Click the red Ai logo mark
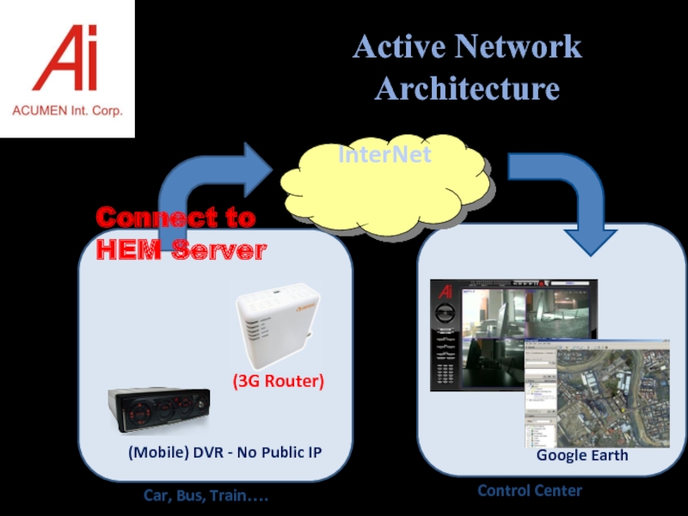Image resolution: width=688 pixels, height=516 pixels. pyautogui.click(x=65, y=58)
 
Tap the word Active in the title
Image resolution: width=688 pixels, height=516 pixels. pyautogui.click(x=399, y=46)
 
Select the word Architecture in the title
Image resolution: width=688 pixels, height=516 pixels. pyautogui.click(x=467, y=89)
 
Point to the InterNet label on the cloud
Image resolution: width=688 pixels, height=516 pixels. pyautogui.click(x=384, y=156)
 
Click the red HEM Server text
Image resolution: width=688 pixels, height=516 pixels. pyautogui.click(x=181, y=250)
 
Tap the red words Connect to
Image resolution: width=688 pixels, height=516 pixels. pyautogui.click(x=175, y=218)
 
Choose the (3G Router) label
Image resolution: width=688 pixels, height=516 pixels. pyautogui.click(x=278, y=381)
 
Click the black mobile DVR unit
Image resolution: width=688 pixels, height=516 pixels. pyautogui.click(x=159, y=415)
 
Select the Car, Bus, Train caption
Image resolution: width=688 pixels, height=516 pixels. pyautogui.click(x=206, y=497)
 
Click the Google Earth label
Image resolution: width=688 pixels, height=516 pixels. pyautogui.click(x=582, y=455)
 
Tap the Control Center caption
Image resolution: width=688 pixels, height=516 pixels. pyautogui.click(x=530, y=490)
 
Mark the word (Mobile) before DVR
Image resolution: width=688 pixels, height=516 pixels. pyautogui.click(x=154, y=451)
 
